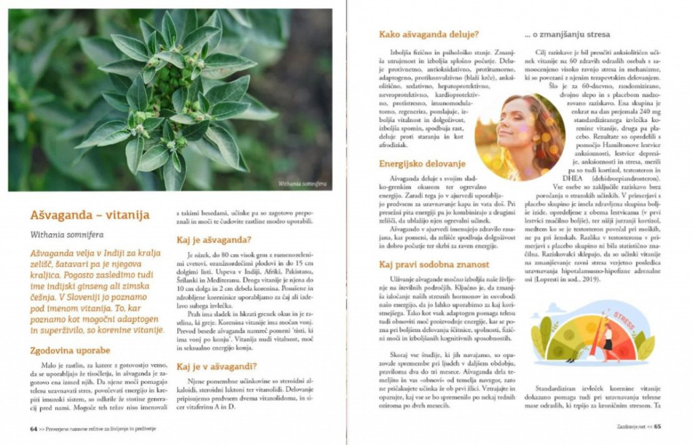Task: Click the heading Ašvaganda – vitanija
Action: coord(89,215)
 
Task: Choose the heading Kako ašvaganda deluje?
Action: coord(429,35)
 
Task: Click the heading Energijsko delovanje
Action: coord(422,163)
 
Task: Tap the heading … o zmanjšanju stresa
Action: coord(567,35)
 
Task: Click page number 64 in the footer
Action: coord(33,427)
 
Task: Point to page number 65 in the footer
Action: coord(657,427)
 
